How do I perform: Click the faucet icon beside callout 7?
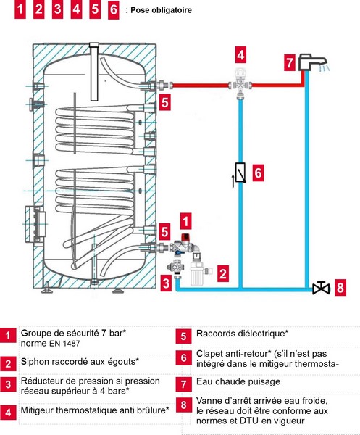311,62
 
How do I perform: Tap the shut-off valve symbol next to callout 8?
321,289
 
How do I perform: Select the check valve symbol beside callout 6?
240,173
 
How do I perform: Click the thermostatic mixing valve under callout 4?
240,83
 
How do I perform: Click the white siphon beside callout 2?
198,273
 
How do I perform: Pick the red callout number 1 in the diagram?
185,221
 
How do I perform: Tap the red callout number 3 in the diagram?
166,283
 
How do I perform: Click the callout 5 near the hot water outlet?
164,102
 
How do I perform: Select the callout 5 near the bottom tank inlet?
164,232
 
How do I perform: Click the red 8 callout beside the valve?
340,287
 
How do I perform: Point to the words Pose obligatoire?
161,10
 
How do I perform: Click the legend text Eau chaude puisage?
238,381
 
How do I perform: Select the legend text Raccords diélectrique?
242,333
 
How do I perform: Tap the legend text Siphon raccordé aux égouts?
80,362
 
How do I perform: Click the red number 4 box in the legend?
8,413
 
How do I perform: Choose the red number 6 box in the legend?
183,358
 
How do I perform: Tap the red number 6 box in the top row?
113,10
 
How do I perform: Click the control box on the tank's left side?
36,223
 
